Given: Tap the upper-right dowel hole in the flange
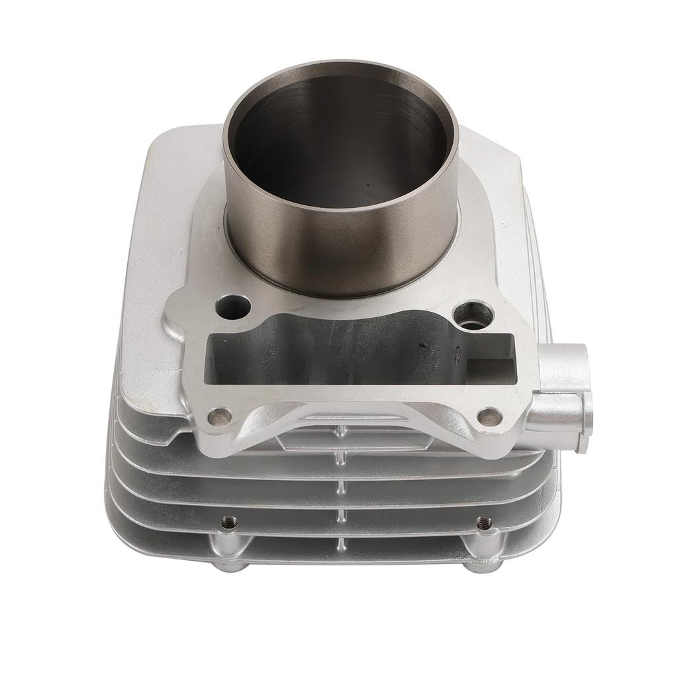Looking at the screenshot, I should pyautogui.click(x=473, y=315).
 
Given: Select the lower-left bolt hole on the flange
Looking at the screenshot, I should pyautogui.click(x=219, y=416).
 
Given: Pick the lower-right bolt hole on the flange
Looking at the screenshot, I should pyautogui.click(x=489, y=417).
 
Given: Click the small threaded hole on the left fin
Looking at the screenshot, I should pyautogui.click(x=229, y=521).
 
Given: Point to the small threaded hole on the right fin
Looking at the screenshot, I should pyautogui.click(x=484, y=522).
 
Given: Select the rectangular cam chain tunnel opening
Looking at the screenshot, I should pyautogui.click(x=331, y=354).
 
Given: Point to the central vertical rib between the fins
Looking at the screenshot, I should pyautogui.click(x=340, y=489).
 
